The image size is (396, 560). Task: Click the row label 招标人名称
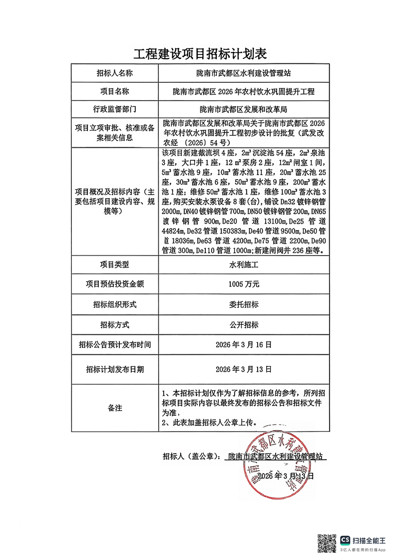tap(115, 73)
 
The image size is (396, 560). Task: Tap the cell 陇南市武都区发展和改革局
tap(244, 109)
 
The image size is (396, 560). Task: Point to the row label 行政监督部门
tap(115, 109)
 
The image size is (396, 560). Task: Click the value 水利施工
tap(244, 266)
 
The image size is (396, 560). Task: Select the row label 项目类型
tap(115, 266)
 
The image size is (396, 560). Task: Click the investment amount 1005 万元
tap(244, 284)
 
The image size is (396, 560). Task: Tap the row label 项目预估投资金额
tap(115, 284)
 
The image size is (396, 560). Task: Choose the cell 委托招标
tap(244, 304)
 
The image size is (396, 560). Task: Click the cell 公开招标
tap(244, 324)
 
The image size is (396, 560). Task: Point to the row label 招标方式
tap(115, 324)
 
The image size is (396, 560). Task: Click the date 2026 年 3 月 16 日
tap(244, 344)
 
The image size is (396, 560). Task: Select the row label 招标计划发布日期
tap(115, 369)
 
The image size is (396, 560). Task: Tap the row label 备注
tap(115, 408)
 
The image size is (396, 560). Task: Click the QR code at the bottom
tap(327, 543)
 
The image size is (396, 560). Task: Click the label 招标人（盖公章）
tap(191, 456)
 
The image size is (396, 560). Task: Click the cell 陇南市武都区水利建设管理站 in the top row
tap(244, 73)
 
